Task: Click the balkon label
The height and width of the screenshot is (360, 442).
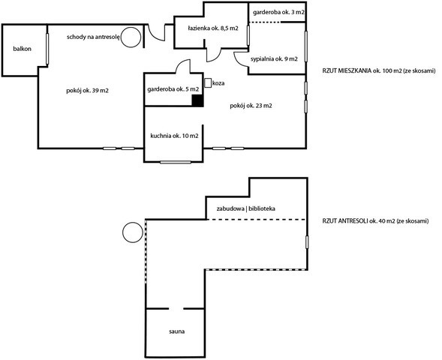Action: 23,49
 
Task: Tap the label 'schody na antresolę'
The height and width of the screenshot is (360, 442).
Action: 94,37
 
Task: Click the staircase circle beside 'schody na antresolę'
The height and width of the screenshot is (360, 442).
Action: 131,37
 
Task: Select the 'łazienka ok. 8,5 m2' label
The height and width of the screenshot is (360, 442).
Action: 213,28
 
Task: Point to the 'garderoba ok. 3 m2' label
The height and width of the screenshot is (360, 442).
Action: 278,13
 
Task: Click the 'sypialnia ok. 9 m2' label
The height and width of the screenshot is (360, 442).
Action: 274,58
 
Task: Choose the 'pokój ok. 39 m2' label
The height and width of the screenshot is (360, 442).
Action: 88,91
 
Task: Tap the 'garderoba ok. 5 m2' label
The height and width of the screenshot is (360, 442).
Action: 173,89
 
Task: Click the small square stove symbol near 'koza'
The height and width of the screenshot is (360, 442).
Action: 208,82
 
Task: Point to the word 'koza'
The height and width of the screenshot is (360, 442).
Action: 218,83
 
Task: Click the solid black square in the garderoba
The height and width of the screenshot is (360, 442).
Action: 197,100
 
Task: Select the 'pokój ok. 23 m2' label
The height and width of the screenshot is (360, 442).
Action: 251,106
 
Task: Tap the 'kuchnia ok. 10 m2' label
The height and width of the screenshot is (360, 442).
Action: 175,136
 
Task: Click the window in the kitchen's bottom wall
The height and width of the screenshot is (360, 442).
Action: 176,162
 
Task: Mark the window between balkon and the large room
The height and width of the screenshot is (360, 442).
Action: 47,49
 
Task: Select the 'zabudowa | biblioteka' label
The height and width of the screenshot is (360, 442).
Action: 246,208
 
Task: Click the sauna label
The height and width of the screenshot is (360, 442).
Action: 177,331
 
